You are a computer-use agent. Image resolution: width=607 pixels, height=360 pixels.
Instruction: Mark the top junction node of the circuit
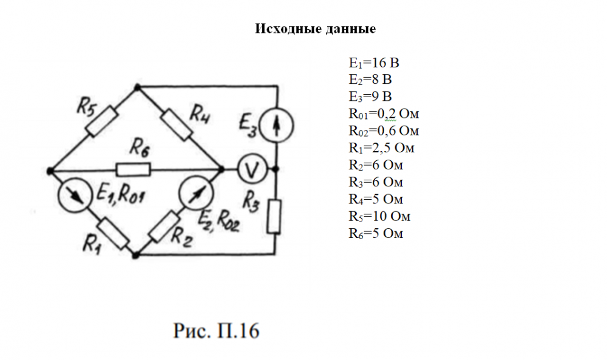[x=138, y=87]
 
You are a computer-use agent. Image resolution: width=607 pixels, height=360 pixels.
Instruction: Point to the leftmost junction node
[x=51, y=170]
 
